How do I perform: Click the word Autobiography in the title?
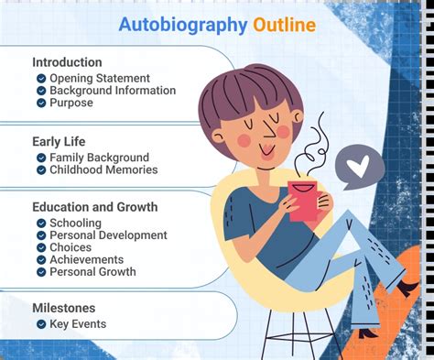point(181,25)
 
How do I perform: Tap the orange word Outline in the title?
point(284,25)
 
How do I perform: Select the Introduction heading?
point(68,62)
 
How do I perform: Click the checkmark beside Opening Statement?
point(41,79)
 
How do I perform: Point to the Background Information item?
point(112,91)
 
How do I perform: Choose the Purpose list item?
point(71,103)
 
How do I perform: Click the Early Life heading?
point(60,141)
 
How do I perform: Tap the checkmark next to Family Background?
point(41,158)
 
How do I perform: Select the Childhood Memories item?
point(103,169)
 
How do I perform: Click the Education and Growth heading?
point(94,207)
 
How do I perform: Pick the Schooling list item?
point(77,224)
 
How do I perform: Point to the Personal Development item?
point(108,235)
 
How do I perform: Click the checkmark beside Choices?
point(41,247)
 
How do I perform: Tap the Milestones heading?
point(64,308)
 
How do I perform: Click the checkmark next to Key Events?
point(41,323)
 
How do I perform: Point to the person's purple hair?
point(242,92)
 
